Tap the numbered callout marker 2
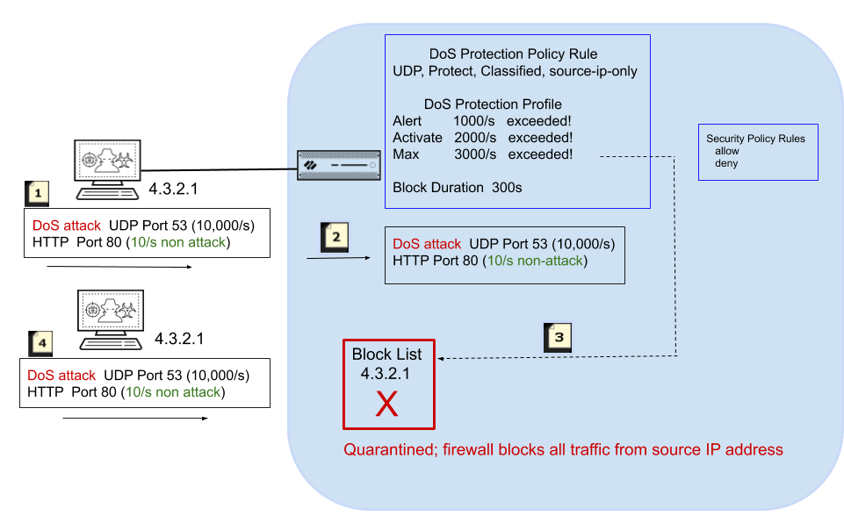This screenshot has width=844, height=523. click(x=335, y=236)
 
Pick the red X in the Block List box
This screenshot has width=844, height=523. click(x=386, y=404)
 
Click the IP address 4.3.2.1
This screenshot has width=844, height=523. click(x=386, y=373)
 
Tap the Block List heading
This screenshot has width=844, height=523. click(x=386, y=355)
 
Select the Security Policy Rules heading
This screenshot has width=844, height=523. click(x=755, y=139)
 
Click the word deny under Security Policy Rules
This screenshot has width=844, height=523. click(x=726, y=163)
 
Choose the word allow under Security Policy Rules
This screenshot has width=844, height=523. click(x=727, y=151)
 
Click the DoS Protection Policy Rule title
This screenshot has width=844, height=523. click(x=514, y=54)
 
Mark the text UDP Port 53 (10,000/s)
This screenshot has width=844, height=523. click(x=542, y=243)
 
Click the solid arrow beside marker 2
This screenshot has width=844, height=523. click(x=338, y=258)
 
